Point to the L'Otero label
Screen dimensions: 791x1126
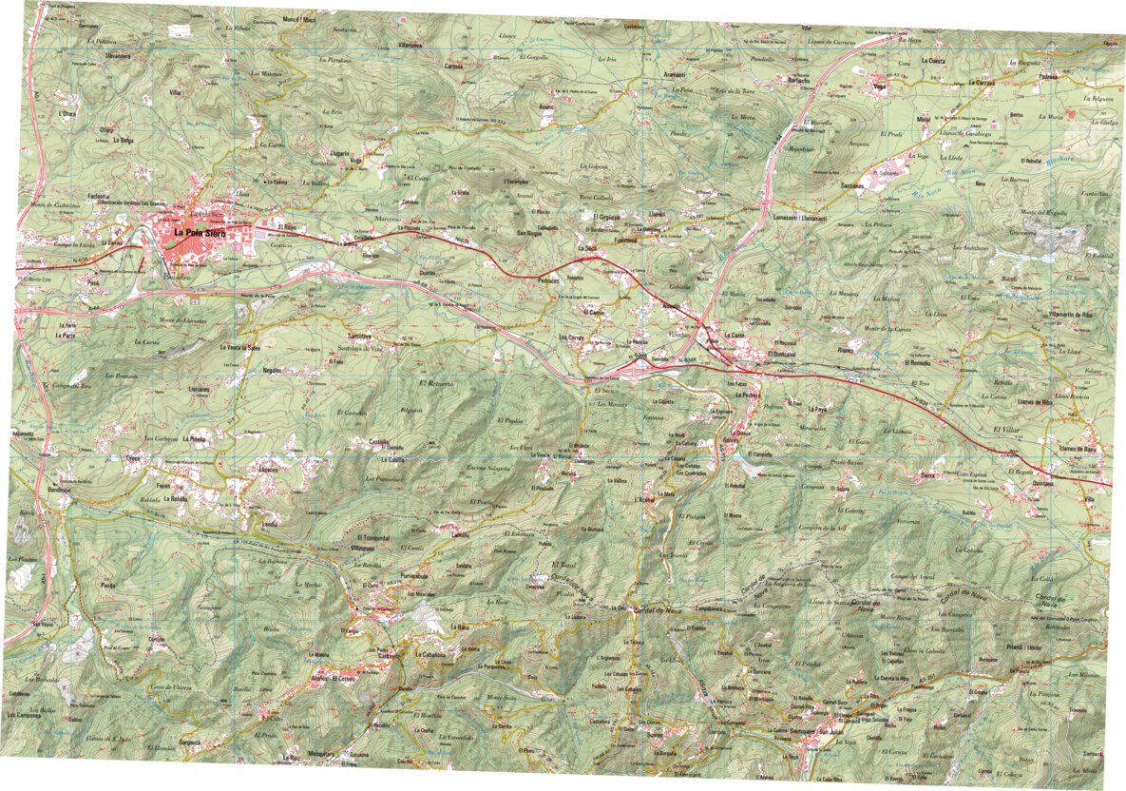click(66, 114)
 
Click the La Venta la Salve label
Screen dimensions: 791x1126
click(239, 348)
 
